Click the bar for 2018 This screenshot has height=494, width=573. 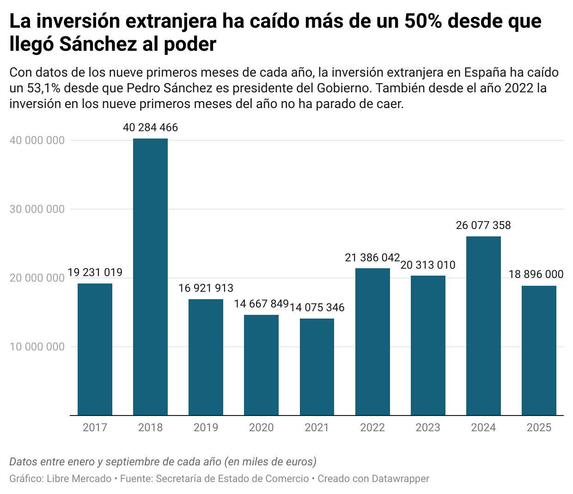pyautogui.click(x=150, y=277)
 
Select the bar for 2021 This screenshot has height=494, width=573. pyautogui.click(x=317, y=367)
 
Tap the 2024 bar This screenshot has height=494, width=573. pyautogui.click(x=483, y=326)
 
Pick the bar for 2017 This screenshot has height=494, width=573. pyautogui.click(x=95, y=349)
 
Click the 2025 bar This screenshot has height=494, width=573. pyautogui.click(x=539, y=351)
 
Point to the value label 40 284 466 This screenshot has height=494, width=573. pyautogui.click(x=150, y=127)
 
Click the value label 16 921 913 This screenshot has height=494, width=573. pyautogui.click(x=206, y=288)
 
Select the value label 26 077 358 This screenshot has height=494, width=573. pyautogui.click(x=483, y=225)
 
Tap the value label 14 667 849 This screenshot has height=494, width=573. pyautogui.click(x=261, y=304)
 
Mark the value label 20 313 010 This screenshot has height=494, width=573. pyautogui.click(x=428, y=265)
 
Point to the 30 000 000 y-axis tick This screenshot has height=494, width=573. pyautogui.click(x=37, y=209)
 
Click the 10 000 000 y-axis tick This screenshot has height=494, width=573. pyautogui.click(x=37, y=347)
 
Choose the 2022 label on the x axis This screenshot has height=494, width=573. pyautogui.click(x=372, y=428)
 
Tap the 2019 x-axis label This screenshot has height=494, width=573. pyautogui.click(x=206, y=428)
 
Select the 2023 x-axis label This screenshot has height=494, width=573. pyautogui.click(x=428, y=428)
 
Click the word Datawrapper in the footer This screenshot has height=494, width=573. pyautogui.click(x=400, y=479)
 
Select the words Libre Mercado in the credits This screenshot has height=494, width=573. pyautogui.click(x=79, y=479)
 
